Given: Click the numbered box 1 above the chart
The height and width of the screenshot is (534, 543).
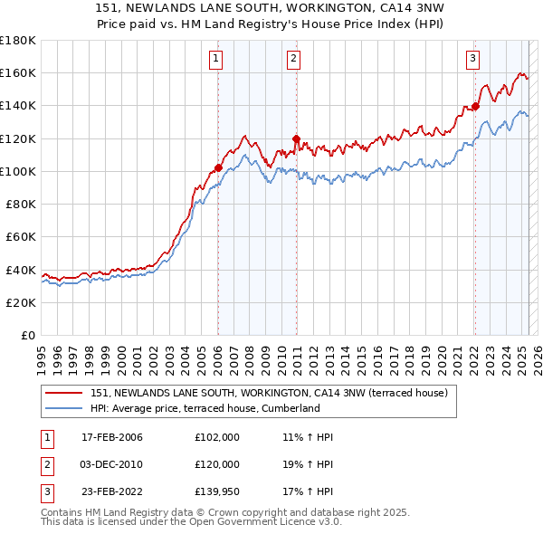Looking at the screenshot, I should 217,60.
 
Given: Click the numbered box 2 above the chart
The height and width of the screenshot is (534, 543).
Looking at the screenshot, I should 295,60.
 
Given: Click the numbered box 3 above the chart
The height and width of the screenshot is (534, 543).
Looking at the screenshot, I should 472,60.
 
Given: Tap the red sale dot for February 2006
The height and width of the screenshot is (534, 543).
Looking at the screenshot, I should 218,167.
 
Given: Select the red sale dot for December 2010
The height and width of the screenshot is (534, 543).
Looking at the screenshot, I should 296,138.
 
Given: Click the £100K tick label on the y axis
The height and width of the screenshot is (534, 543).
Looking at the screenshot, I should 18,171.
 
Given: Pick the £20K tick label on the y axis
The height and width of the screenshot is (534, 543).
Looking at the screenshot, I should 22,302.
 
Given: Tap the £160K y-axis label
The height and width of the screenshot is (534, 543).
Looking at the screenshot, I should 18,72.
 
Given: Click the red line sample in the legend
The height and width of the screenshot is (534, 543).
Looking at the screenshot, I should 64,393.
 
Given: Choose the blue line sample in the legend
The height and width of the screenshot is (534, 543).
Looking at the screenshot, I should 64,408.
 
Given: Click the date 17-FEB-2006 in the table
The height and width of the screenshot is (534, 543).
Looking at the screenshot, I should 112,437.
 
